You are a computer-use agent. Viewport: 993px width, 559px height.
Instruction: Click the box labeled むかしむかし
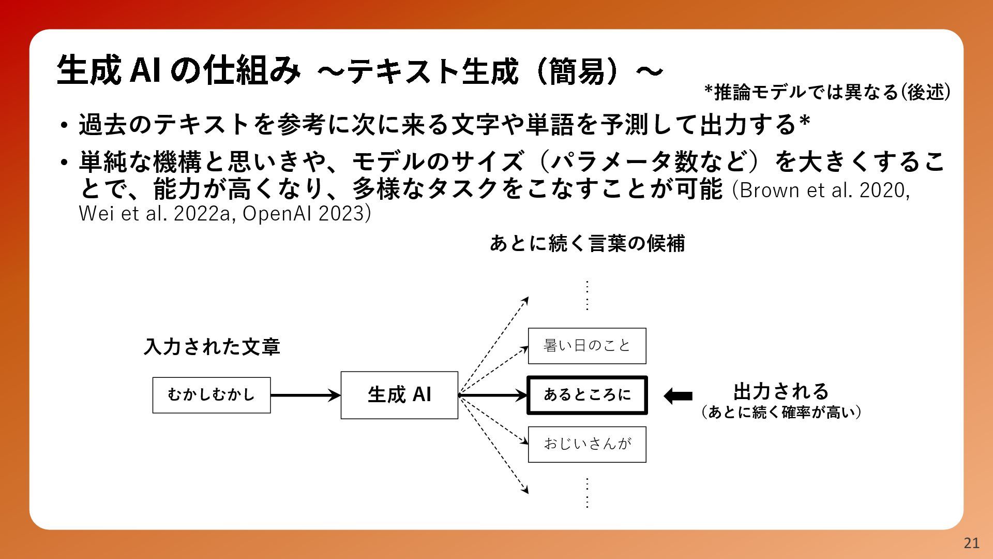tap(212, 395)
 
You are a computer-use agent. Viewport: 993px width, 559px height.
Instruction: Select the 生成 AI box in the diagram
tap(399, 395)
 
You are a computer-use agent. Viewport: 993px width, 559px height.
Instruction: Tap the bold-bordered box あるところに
tap(587, 395)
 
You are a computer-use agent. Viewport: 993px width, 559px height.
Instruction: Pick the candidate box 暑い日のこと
tap(587, 346)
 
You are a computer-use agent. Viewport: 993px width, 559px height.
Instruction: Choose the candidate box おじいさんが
tap(587, 444)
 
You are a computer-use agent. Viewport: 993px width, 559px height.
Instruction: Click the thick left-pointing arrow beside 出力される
tap(678, 396)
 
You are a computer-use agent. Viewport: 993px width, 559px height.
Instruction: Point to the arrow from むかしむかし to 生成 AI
tap(306, 395)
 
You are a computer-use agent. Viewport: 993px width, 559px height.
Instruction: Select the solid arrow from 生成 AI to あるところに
tap(492, 395)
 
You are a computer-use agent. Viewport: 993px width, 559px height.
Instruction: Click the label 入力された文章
tap(212, 347)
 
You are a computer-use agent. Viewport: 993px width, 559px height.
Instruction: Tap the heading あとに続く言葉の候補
tap(587, 243)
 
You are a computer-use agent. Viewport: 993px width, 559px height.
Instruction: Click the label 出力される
tap(781, 391)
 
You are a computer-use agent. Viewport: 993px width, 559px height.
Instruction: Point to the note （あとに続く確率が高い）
tap(781, 413)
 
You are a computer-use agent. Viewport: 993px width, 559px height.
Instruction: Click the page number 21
tap(971, 543)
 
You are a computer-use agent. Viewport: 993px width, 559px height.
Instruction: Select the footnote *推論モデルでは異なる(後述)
tap(827, 92)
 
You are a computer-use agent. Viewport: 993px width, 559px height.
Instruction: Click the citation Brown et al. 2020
tap(823, 190)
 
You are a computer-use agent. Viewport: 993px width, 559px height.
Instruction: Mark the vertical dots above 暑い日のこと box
tap(587, 295)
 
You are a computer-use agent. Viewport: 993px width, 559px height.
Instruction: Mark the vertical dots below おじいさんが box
tap(587, 493)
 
